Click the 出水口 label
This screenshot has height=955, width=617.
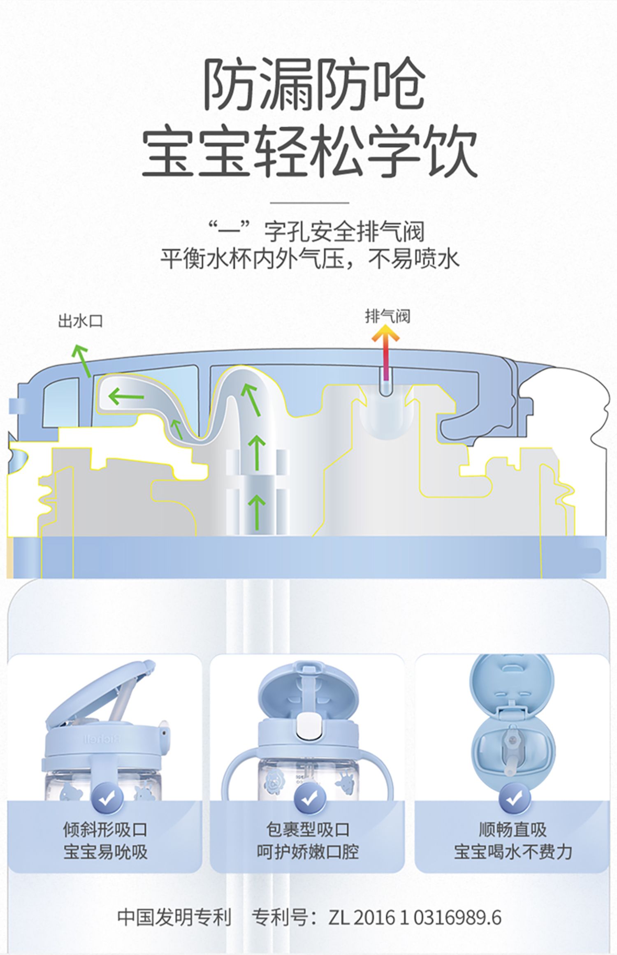80,321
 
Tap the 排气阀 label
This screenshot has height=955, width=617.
387,317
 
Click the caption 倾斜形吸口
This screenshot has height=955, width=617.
105,830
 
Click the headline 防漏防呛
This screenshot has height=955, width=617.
314,84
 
